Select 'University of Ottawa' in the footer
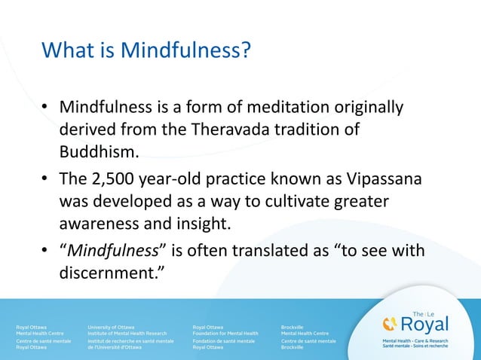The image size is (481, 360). click(x=112, y=327)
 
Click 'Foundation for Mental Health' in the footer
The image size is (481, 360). click(x=225, y=333)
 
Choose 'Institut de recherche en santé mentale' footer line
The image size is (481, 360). click(x=130, y=341)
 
